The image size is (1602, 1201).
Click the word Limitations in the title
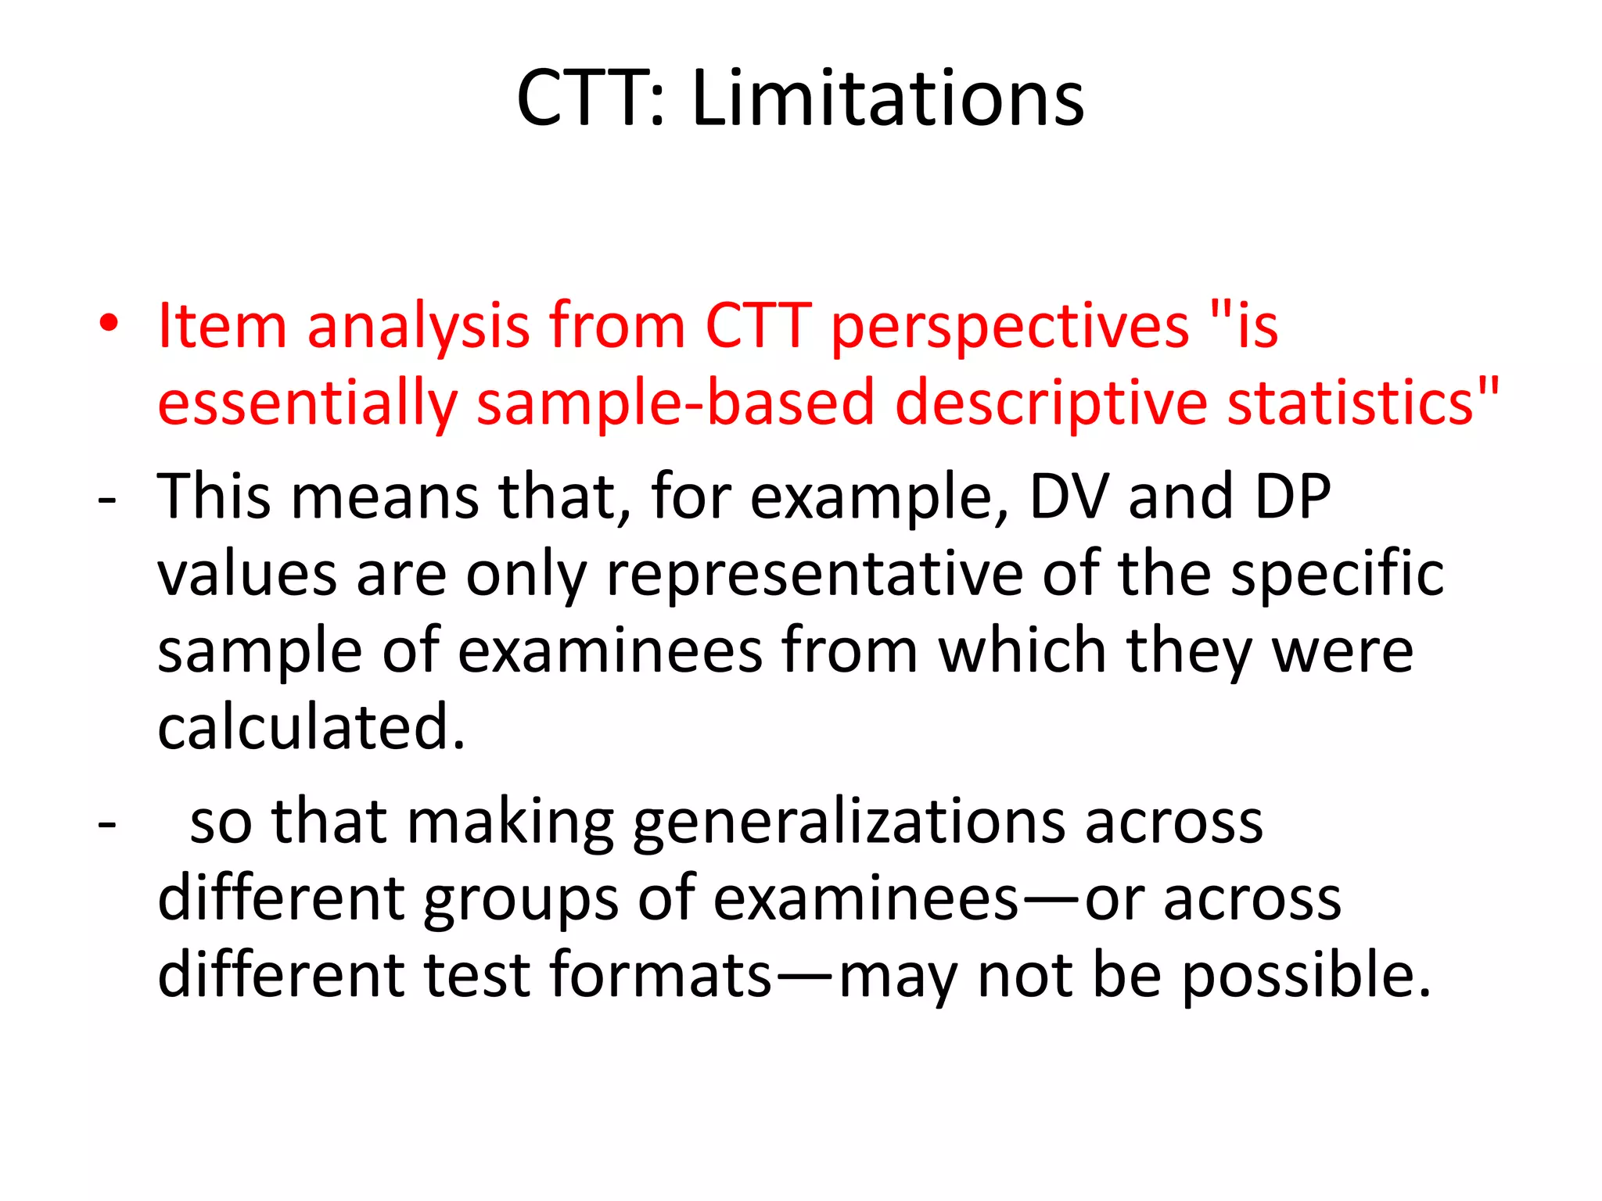(888, 99)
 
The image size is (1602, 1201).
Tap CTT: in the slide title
(591, 99)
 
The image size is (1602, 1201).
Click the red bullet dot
(109, 324)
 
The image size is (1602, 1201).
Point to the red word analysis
(418, 327)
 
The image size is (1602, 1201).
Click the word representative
(814, 575)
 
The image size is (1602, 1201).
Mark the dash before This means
(107, 499)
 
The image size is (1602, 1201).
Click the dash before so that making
(107, 824)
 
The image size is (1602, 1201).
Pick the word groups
(521, 900)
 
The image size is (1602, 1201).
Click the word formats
(661, 975)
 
